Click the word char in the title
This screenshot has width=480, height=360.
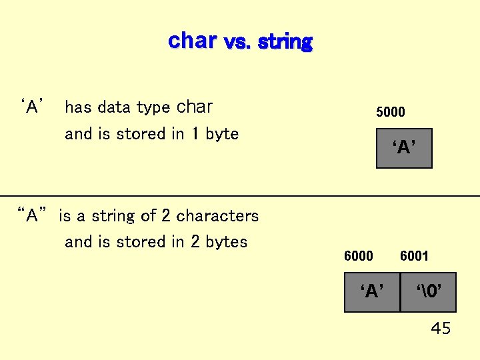[x=192, y=41]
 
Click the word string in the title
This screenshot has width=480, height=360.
[x=285, y=42]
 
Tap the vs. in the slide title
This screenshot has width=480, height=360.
[x=238, y=43]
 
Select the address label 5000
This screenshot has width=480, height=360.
[x=390, y=112]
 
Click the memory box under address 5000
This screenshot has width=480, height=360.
[x=404, y=148]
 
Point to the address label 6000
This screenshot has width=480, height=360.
[x=358, y=256]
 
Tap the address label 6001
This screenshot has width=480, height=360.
[x=414, y=256]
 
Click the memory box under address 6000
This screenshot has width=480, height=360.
[x=372, y=292]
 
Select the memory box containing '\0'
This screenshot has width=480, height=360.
[x=428, y=292]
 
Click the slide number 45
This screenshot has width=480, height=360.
[x=441, y=329]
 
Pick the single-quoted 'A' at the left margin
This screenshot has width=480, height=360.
[x=33, y=107]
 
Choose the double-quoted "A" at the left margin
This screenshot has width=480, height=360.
[x=33, y=215]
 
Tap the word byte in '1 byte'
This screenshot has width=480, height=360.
[x=222, y=134]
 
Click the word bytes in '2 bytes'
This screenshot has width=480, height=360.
[x=227, y=242]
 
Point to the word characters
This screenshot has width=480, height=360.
[x=217, y=216]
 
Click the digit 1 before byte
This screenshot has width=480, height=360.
[x=194, y=134]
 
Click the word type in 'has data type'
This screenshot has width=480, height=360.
[x=153, y=108]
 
